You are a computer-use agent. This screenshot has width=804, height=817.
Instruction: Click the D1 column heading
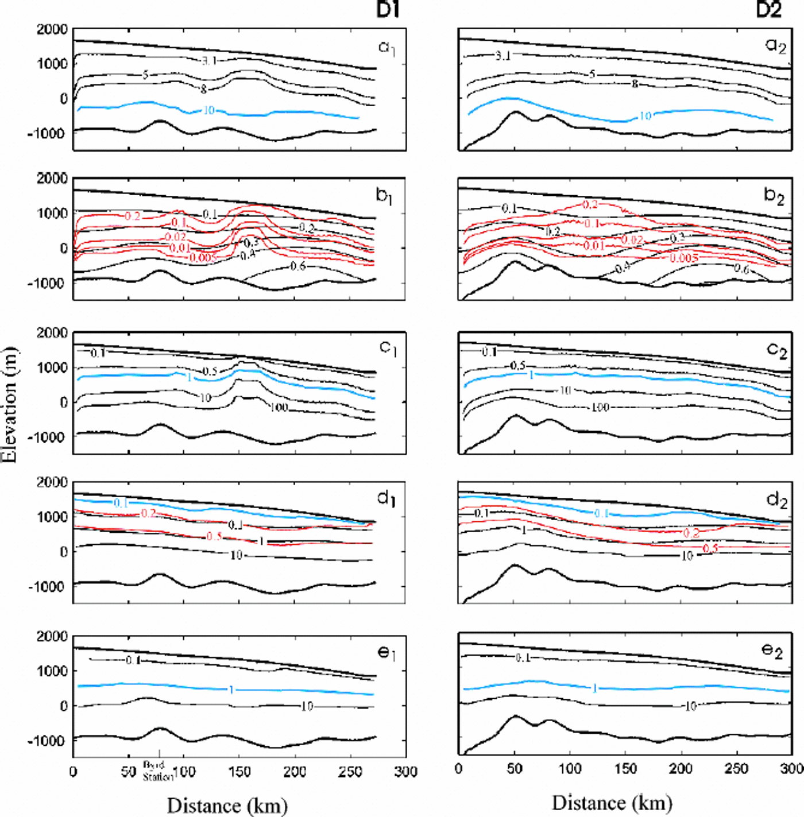tap(388, 9)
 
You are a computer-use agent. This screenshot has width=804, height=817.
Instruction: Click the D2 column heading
tap(768, 9)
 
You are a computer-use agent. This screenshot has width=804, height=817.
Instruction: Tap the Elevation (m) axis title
tap(10, 405)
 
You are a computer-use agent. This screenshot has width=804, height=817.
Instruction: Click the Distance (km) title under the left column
tap(227, 806)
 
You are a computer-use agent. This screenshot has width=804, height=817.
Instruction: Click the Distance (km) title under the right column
tap(612, 803)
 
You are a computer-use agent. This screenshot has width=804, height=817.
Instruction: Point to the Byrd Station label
tap(158, 771)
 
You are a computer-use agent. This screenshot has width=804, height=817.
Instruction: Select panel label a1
tap(387, 48)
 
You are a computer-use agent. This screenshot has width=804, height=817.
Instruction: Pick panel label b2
tap(773, 196)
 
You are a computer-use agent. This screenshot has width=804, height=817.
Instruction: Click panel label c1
tap(388, 348)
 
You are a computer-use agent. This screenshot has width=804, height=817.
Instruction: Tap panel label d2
tap(776, 500)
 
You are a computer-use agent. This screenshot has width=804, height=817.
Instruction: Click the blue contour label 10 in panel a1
tap(209, 110)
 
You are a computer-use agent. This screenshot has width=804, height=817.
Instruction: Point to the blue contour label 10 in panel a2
tap(645, 116)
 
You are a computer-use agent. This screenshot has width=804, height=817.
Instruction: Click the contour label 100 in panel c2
tap(600, 407)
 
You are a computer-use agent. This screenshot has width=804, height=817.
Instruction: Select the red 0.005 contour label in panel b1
tap(203, 257)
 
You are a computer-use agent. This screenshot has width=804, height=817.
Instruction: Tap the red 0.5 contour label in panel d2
tap(710, 548)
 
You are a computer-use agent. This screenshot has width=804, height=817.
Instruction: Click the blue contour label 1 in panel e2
tap(595, 688)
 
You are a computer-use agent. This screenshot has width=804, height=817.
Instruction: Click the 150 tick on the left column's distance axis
tap(239, 771)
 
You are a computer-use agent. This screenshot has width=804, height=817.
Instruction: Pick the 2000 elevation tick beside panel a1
tap(52, 29)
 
